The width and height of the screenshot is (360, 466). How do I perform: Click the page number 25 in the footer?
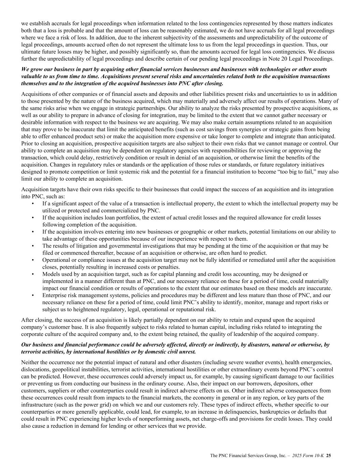click(x=329, y=455)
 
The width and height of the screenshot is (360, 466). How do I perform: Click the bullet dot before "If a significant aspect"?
click(x=33, y=203)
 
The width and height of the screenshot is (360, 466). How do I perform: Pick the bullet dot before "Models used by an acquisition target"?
click(x=33, y=274)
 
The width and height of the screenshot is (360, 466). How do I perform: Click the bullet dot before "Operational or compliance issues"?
click(x=33, y=260)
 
